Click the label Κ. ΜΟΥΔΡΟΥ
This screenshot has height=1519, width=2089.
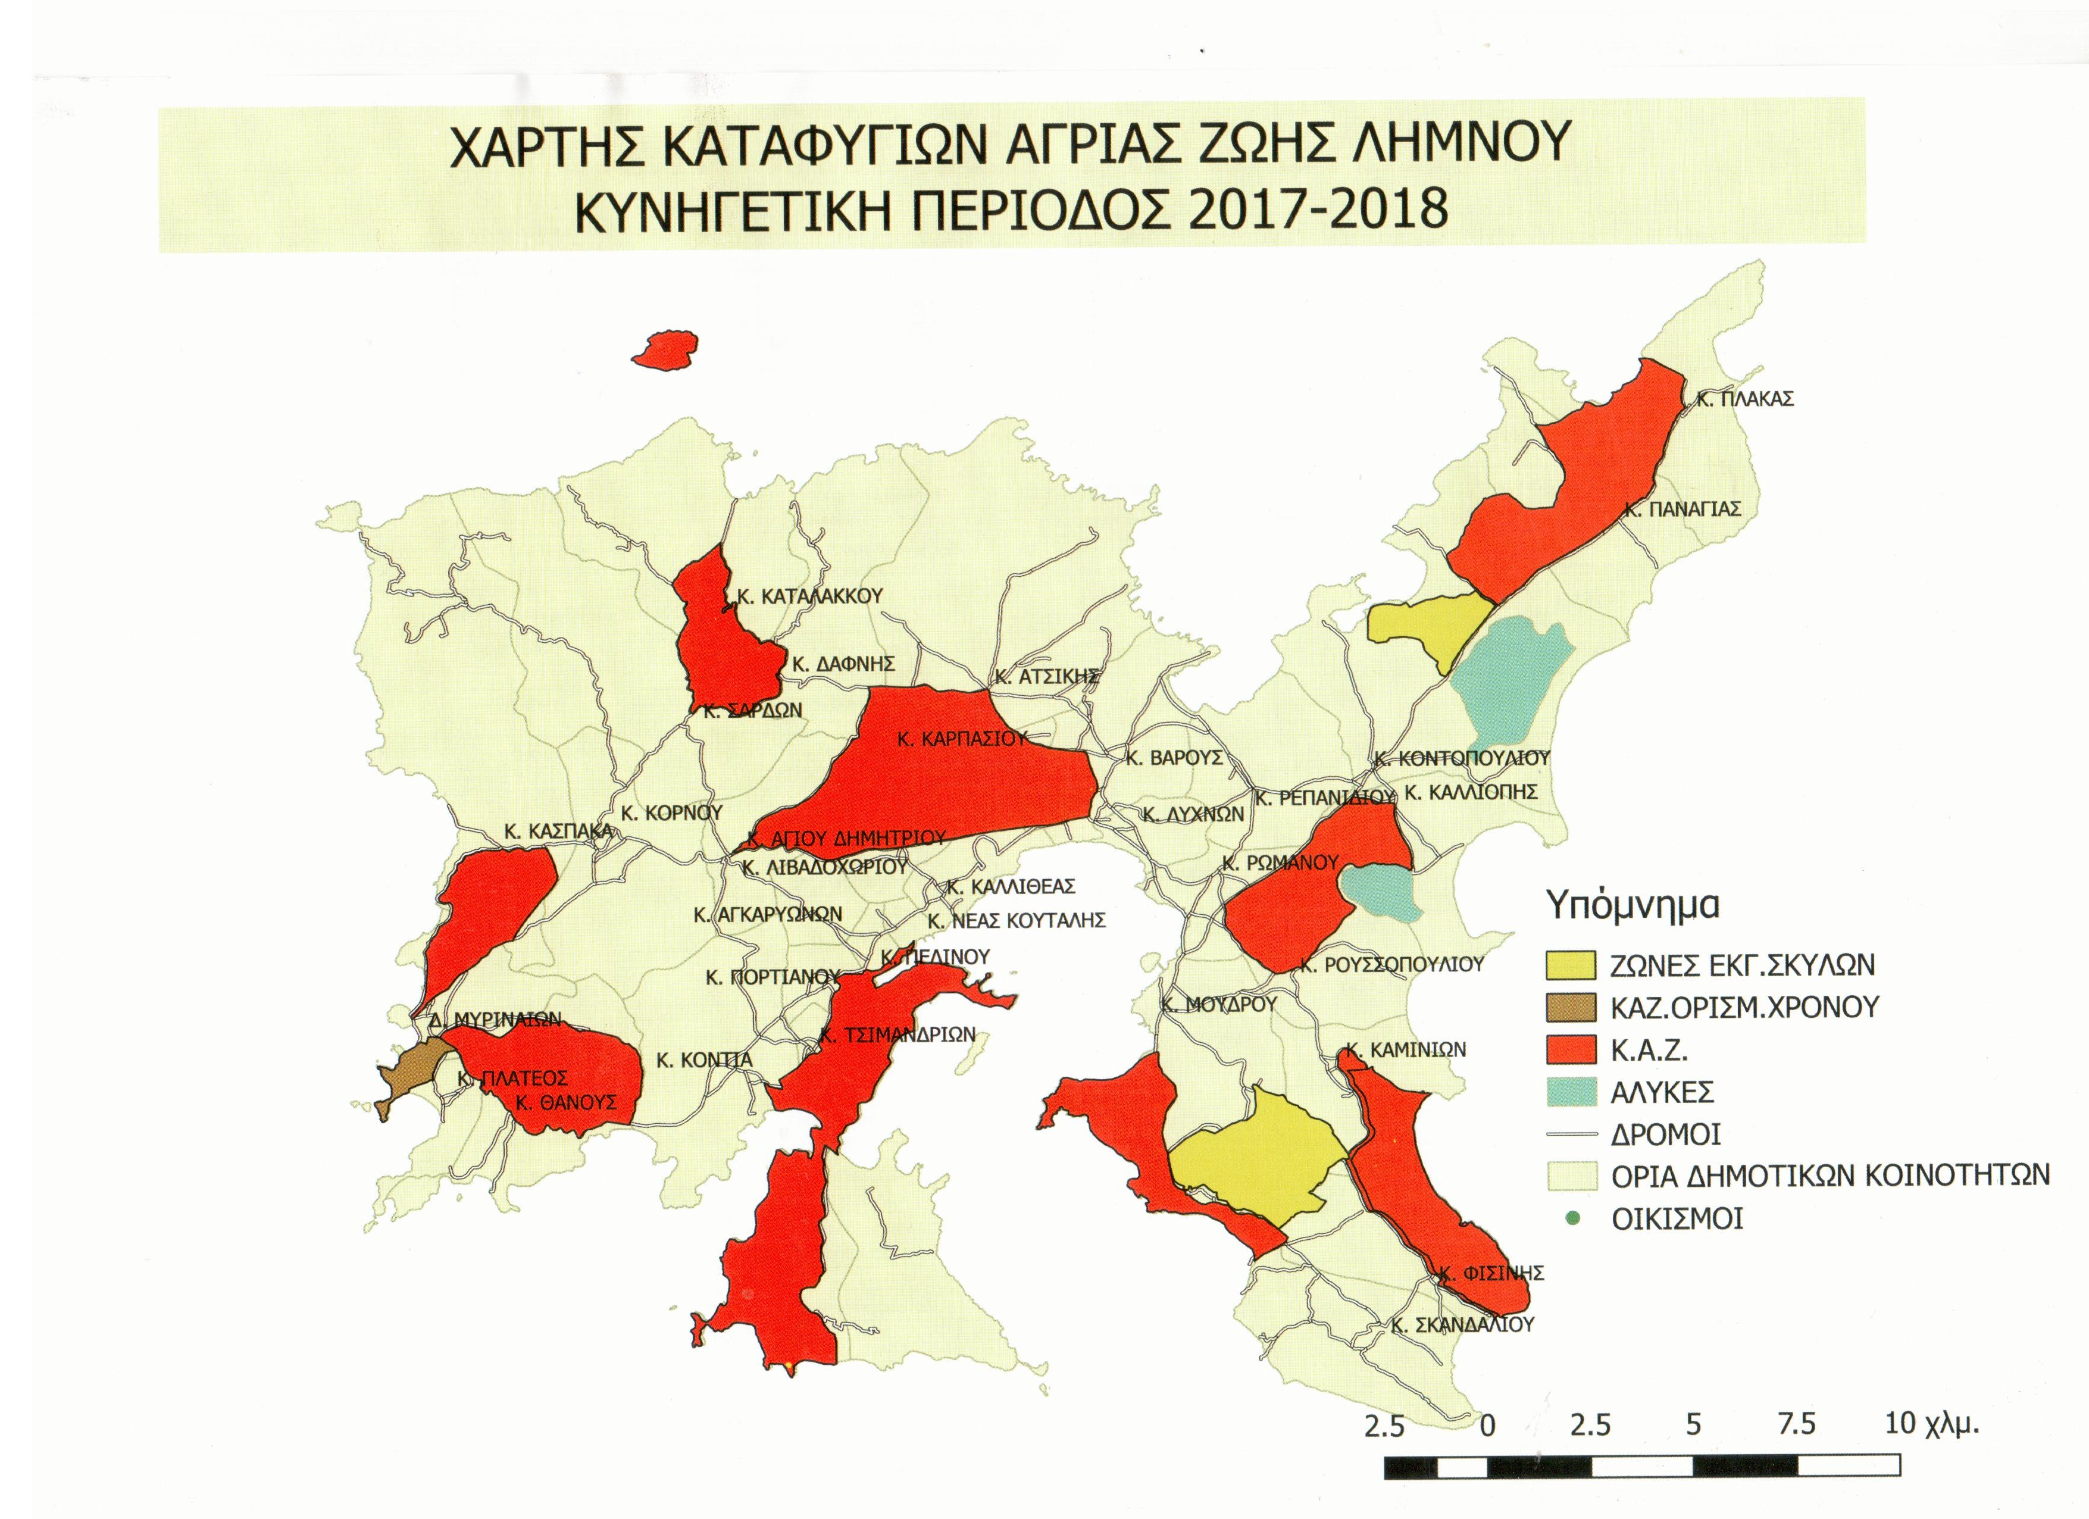[x=1219, y=1004]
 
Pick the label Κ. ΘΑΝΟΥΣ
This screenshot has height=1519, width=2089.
[x=565, y=1102]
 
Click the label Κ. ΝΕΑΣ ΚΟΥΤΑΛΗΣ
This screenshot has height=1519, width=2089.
[x=1016, y=920]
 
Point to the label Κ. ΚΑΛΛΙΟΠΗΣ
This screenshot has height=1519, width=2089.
[x=1471, y=792]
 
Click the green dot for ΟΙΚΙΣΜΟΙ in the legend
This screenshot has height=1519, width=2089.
[x=1572, y=1218]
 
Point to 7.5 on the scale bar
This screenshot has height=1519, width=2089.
[x=1796, y=1424]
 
